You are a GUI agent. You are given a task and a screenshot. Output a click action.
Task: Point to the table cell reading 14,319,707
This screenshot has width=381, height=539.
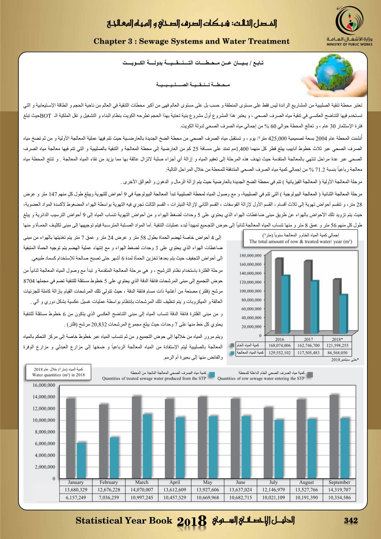coord(339,490)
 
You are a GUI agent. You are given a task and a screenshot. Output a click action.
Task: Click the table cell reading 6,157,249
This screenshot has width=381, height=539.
coord(76,497)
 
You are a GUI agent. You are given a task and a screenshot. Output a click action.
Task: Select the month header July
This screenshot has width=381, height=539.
coord(273,482)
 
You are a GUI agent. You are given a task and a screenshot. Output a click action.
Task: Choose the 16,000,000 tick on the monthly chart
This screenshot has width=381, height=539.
coord(44,385)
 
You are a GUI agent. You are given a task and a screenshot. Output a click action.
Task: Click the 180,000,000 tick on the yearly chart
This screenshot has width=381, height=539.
coord(250,255)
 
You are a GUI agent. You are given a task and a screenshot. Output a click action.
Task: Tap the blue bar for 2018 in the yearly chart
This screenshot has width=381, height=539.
coord(342,315)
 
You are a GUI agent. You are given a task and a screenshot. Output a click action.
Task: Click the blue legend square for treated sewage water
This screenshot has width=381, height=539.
coord(216,374)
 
